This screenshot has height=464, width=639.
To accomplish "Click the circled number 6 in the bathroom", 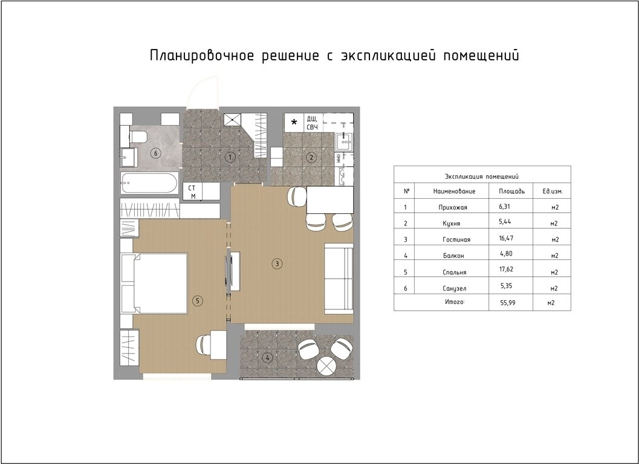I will pyautogui.click(x=155, y=153).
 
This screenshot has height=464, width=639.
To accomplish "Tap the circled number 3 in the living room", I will pyautogui.click(x=276, y=263).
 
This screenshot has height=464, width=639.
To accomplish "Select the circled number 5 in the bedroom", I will pyautogui.click(x=196, y=300).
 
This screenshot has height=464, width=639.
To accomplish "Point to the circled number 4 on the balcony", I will pyautogui.click(x=267, y=357).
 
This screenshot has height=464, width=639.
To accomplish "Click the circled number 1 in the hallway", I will pyautogui.click(x=229, y=157).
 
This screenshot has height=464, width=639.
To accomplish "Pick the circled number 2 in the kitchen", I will pyautogui.click(x=311, y=158).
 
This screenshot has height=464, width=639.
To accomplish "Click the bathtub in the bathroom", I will pyautogui.click(x=149, y=183).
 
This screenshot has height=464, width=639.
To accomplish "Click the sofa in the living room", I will pyautogui.click(x=339, y=279).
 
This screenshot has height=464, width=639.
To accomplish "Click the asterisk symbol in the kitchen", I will pyautogui.click(x=294, y=123).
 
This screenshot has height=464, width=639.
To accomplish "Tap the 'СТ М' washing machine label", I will pyautogui.click(x=192, y=192).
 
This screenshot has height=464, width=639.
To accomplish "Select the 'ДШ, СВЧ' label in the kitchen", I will pyautogui.click(x=313, y=123).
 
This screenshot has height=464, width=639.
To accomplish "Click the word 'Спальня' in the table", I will pyautogui.click(x=454, y=272).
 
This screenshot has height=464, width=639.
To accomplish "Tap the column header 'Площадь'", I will pyautogui.click(x=511, y=191).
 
